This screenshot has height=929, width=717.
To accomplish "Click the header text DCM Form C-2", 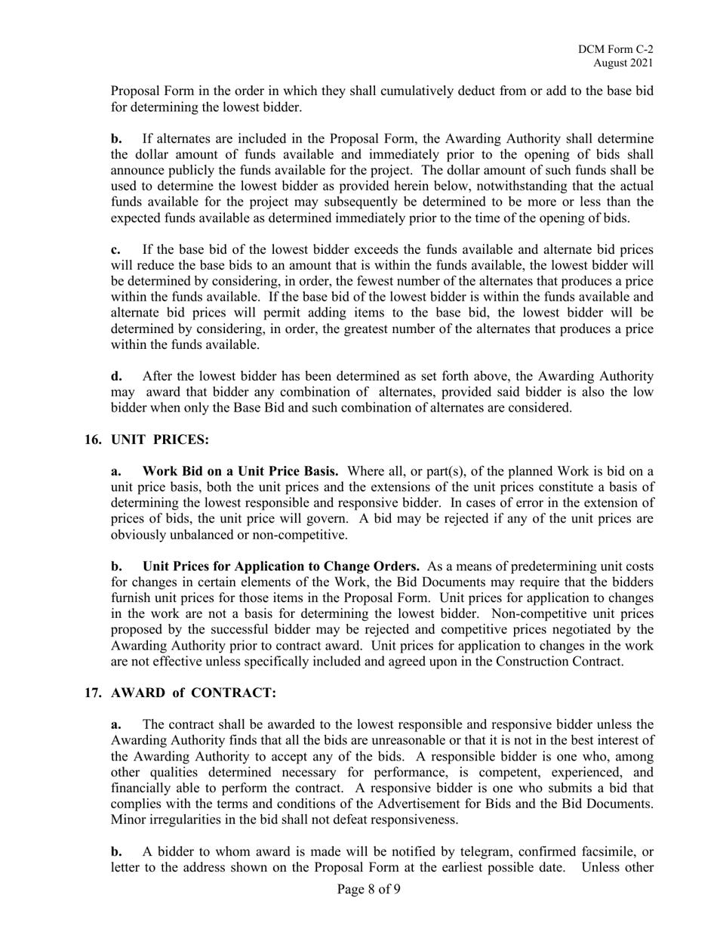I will click(616, 49).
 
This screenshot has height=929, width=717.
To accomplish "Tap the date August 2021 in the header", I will click(623, 63).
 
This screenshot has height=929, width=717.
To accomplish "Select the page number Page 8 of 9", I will click(368, 889).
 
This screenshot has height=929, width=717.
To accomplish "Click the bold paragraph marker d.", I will click(116, 376).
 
